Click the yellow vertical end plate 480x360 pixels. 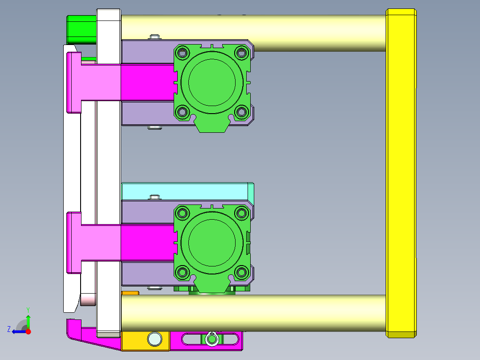[402, 174]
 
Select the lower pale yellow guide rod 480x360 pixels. [267, 313]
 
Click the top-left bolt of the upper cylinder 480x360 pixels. [182, 53]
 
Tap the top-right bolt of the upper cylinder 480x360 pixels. [241, 53]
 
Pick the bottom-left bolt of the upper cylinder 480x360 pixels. [182, 112]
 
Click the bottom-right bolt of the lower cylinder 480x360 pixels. [241, 272]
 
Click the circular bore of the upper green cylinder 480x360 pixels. [212, 82]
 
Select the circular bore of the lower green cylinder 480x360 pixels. [212, 242]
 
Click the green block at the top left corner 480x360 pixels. [81, 29]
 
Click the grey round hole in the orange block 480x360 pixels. [155, 339]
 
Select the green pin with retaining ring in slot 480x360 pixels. [212, 340]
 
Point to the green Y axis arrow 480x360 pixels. [28, 318]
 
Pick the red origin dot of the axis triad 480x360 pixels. [28, 331]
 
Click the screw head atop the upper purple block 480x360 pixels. [155, 37]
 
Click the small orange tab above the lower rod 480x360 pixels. [130, 293]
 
